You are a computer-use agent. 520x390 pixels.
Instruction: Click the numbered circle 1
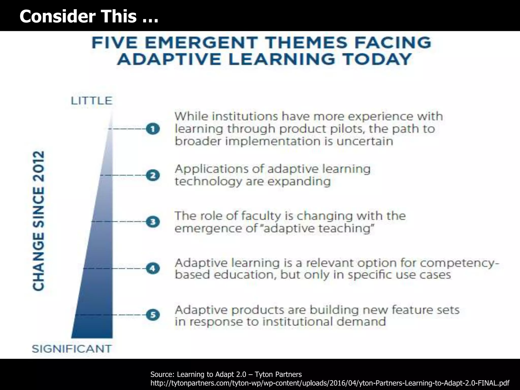153,129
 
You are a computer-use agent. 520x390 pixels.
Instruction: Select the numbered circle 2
153,175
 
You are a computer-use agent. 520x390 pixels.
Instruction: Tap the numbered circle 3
153,222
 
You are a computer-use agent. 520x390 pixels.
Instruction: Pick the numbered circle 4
153,268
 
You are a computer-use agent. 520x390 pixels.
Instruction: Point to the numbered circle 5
153,315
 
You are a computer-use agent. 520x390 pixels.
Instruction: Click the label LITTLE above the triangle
91,101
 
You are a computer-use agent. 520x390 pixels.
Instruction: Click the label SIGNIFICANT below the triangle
72,349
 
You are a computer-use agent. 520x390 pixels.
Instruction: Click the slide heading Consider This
89,16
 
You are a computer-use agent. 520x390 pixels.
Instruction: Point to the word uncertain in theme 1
365,141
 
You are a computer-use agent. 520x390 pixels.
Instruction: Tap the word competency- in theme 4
459,263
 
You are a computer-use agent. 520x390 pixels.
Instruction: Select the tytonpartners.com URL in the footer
330,383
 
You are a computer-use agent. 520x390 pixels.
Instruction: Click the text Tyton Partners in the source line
278,374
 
